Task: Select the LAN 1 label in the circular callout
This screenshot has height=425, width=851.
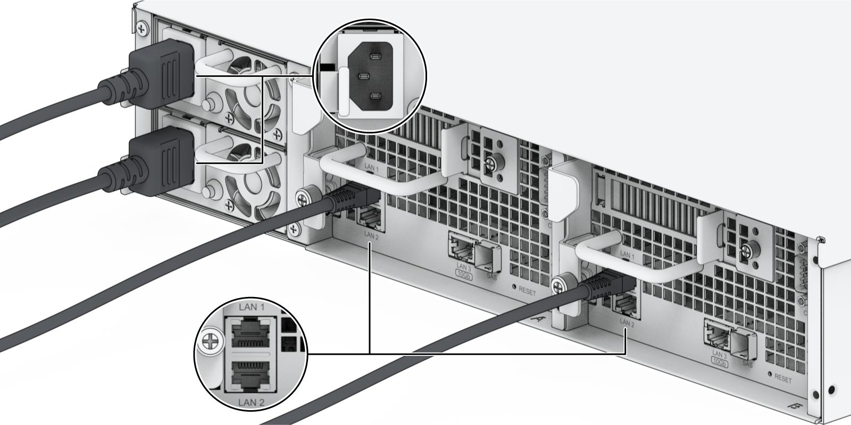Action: click(252, 307)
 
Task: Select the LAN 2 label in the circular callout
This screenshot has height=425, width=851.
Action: click(252, 402)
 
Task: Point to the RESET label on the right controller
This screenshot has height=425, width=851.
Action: click(782, 379)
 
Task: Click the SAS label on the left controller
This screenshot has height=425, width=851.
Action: click(492, 276)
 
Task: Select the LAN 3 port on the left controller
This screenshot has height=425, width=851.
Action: click(460, 247)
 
